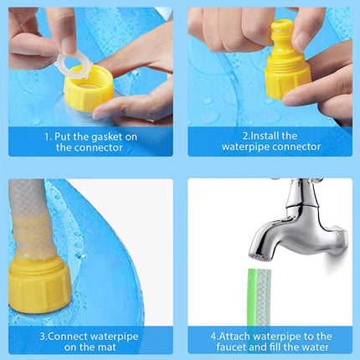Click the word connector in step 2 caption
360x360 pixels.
292,147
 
